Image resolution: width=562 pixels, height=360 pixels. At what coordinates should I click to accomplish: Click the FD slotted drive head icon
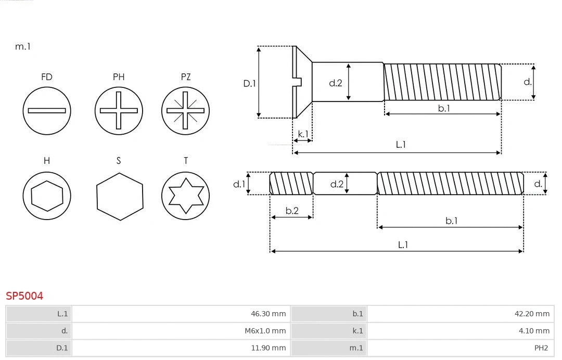47,110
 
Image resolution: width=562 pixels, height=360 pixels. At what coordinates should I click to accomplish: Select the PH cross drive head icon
119,110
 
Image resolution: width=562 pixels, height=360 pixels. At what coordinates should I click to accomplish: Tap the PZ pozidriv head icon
186,110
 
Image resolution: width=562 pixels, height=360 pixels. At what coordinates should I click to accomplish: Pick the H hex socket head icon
47,196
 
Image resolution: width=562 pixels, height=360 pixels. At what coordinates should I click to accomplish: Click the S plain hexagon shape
119,196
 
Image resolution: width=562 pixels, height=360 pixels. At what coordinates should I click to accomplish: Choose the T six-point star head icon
186,196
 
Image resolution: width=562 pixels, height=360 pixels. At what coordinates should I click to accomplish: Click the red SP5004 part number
24,296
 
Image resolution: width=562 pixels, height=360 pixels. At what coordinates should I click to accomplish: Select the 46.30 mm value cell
181,314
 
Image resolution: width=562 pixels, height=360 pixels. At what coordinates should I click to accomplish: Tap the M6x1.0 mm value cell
181,331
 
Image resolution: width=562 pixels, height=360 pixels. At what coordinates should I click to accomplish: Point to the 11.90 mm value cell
181,348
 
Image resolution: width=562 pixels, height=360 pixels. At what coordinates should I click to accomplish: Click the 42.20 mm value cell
460,314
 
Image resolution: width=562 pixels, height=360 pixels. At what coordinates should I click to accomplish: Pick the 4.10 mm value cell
460,331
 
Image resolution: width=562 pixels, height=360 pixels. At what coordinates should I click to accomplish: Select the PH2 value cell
460,348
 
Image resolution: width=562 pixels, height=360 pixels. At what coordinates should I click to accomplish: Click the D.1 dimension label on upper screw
250,83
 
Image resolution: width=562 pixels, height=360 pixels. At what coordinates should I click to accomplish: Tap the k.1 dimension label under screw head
303,134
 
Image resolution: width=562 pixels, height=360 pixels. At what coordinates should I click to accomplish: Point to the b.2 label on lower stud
292,211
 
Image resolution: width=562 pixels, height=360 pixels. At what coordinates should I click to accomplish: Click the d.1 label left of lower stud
239,184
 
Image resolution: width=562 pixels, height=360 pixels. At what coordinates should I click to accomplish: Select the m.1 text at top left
23,46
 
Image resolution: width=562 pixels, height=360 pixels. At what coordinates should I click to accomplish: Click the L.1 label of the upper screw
401,145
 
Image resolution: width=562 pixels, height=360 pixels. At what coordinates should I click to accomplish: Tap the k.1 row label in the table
357,331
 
